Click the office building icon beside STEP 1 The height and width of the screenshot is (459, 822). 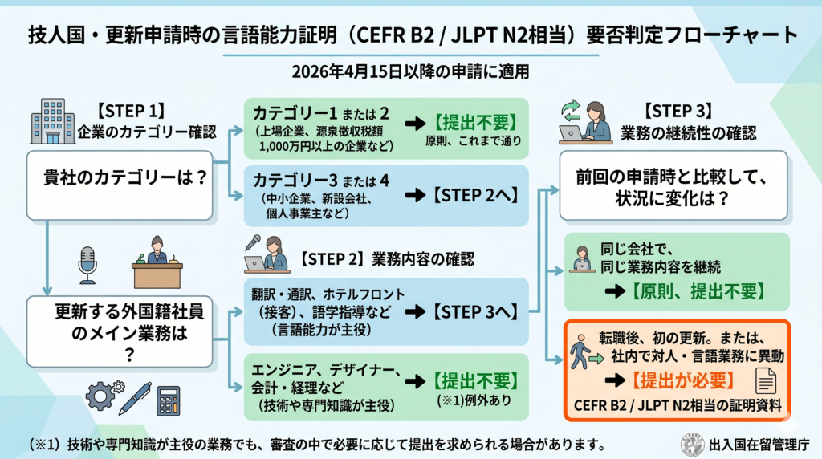[x=49, y=120]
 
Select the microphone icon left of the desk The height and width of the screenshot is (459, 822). [x=87, y=265]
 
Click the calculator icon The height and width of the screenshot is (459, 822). [x=168, y=399]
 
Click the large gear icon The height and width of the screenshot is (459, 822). [x=101, y=396]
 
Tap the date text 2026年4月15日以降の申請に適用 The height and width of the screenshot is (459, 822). [x=410, y=71]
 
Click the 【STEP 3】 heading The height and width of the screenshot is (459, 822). [x=679, y=112]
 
